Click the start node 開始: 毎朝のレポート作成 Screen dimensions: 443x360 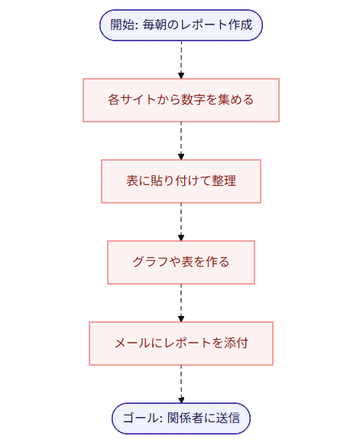click(181, 24)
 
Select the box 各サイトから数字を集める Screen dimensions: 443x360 click(181, 99)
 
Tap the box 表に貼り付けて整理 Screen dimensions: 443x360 click(181, 181)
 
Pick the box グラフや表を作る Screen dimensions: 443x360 click(181, 262)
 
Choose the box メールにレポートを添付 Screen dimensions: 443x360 click(181, 343)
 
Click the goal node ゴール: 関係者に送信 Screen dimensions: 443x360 click(181, 418)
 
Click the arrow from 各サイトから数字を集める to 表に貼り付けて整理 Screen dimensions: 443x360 click(181, 140)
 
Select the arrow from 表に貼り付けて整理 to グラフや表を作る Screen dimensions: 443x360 click(181, 221)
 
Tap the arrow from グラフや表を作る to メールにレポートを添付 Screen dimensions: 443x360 click(181, 302)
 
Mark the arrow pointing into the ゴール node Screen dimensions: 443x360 click(181, 383)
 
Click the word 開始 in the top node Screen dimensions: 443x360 click(122, 24)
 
